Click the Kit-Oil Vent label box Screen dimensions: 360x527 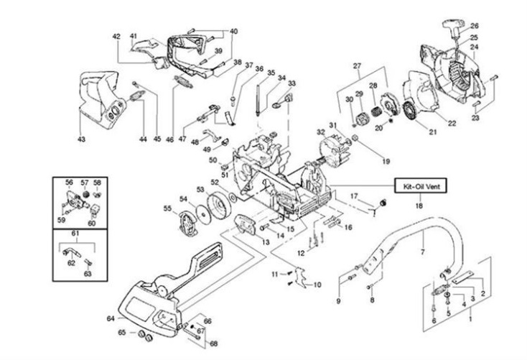pyautogui.click(x=423, y=185)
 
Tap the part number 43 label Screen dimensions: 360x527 pyautogui.click(x=81, y=139)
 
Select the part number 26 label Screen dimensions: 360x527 pyautogui.click(x=474, y=26)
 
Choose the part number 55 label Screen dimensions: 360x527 pyautogui.click(x=167, y=208)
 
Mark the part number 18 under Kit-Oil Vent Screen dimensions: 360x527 pyautogui.click(x=419, y=205)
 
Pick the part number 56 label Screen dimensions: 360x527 pyautogui.click(x=70, y=183)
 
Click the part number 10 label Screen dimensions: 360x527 pyautogui.click(x=317, y=285)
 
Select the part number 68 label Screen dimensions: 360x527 pyautogui.click(x=213, y=343)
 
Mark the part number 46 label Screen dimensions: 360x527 pyautogui.click(x=169, y=139)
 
